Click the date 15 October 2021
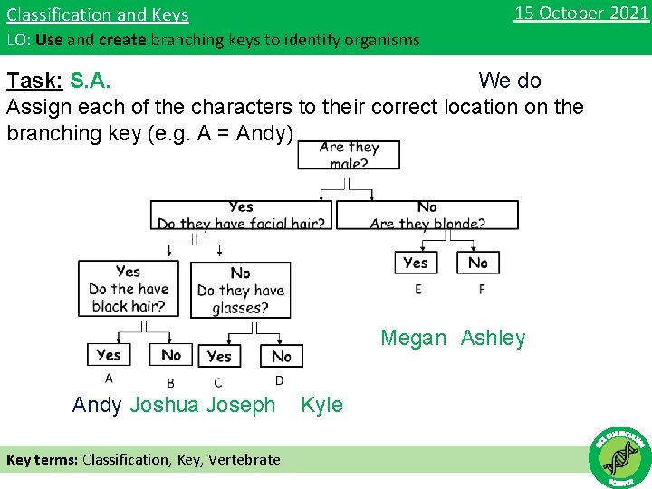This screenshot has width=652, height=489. point(580,13)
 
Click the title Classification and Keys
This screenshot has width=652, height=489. point(98,15)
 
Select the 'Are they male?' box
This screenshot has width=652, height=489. point(349,155)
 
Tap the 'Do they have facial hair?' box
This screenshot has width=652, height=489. point(242,215)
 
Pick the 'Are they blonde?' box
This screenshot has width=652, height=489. point(427,215)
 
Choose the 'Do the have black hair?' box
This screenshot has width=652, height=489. point(129,289)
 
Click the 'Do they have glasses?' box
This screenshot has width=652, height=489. point(241,290)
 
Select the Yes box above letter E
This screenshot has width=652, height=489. point(416,263)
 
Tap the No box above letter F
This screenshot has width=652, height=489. point(478,263)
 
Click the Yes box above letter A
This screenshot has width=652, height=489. point(109,355)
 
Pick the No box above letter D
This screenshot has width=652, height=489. point(282,356)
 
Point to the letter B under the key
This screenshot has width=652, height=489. point(170,383)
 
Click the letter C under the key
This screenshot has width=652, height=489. point(218,383)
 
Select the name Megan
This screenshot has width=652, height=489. point(413,338)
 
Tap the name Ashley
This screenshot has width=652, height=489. point(493,338)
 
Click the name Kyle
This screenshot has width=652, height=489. point(321,405)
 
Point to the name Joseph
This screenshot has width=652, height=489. point(241,405)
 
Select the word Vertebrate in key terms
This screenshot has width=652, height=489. point(244,459)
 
